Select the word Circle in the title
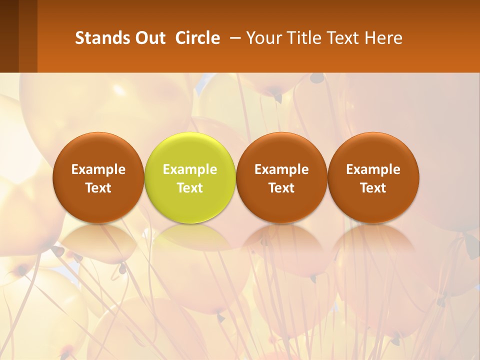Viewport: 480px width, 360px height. click(x=197, y=38)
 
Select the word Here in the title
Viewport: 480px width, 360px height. click(x=383, y=38)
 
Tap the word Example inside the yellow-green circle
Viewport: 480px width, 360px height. click(x=190, y=169)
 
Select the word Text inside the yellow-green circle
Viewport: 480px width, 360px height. click(x=190, y=188)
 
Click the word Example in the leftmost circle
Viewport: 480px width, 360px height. click(x=98, y=169)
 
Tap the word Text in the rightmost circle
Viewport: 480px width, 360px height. click(x=373, y=188)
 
